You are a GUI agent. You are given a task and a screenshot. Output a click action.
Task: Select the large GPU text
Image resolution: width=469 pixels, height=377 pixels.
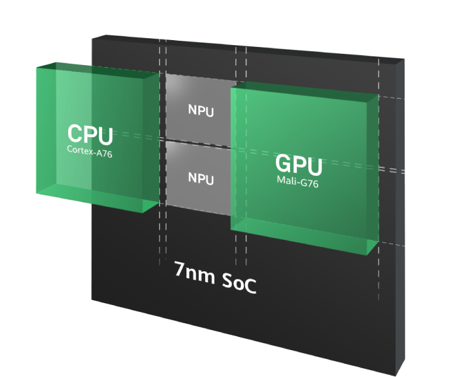[x=298, y=165]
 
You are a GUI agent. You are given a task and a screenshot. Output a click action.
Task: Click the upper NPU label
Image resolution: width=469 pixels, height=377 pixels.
[x=201, y=111]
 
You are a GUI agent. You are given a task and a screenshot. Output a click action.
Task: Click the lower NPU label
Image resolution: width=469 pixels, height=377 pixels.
[x=201, y=178]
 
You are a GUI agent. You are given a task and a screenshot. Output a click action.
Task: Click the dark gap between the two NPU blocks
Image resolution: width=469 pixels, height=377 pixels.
[x=200, y=141]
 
